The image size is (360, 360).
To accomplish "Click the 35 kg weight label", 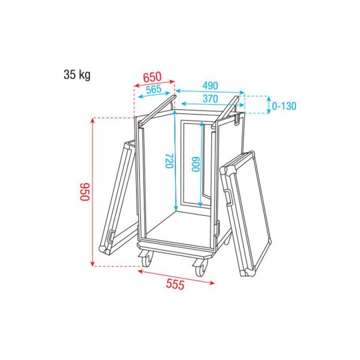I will pos(76,75).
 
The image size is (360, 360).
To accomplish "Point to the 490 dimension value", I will pos(210,85).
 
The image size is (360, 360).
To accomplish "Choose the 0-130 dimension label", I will pos(284,106).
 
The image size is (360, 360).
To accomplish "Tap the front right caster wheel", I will pos(200,267).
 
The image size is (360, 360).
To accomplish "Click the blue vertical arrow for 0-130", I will pos(268,104).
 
